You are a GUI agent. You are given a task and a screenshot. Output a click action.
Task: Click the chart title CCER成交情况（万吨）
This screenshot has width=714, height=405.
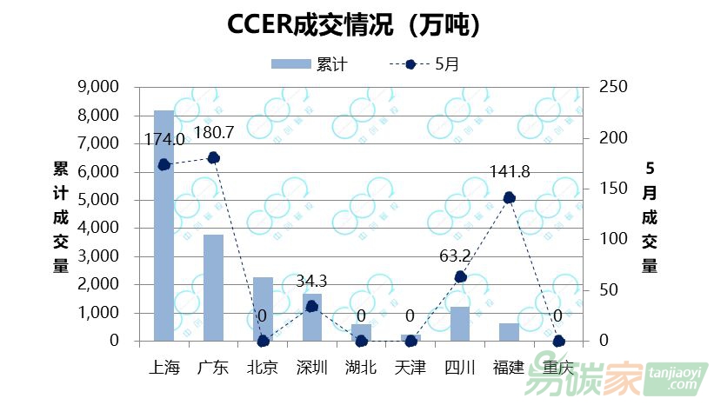coord(354,25)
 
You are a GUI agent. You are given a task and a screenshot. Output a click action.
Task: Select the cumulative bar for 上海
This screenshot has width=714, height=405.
coord(164,226)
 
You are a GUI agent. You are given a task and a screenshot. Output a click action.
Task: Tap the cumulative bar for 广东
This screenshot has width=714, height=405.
coord(214,287)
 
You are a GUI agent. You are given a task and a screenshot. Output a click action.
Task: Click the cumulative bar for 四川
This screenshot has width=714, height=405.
coord(460,323)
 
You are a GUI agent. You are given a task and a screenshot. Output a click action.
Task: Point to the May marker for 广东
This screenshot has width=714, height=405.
coord(214,157)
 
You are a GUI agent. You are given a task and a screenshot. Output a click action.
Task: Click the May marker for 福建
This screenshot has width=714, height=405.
coord(510,197)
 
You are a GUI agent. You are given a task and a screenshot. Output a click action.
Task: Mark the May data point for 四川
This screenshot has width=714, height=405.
coord(460,276)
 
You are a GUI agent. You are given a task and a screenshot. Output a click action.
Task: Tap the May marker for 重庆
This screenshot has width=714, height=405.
coord(558,341)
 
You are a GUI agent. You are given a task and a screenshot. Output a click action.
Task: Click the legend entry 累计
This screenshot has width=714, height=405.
coord(310,63)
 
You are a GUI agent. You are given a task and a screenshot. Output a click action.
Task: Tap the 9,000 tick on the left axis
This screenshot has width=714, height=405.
coord(97,87)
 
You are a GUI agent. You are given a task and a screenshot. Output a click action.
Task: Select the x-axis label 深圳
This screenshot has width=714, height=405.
coord(311,368)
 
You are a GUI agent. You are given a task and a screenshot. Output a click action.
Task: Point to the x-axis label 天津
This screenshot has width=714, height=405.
coord(410,368)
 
